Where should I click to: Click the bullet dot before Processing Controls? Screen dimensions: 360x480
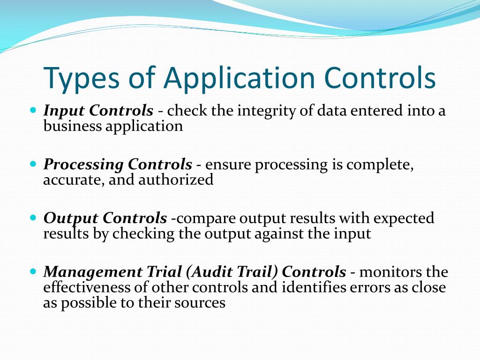(33, 165)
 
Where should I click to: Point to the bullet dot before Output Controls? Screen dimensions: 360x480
(33, 218)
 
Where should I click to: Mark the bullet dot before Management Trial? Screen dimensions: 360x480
(33, 271)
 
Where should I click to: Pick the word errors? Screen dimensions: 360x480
(368, 287)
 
